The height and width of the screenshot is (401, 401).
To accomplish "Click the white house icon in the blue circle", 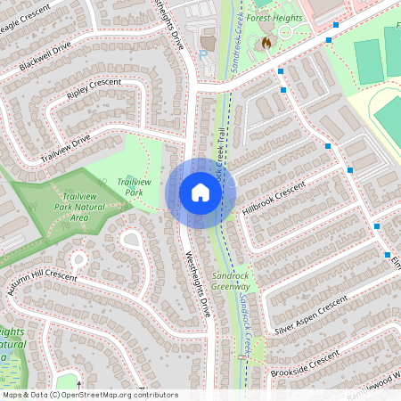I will (200, 192).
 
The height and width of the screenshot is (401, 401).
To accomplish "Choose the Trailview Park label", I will (134, 186).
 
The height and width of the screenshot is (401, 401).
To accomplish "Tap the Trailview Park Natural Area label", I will (80, 206).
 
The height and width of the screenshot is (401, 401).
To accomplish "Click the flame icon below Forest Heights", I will (265, 42).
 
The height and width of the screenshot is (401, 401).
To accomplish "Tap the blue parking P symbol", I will (202, 53).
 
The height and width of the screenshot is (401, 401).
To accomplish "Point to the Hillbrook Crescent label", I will (273, 200).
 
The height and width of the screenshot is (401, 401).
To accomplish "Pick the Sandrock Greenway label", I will (231, 282).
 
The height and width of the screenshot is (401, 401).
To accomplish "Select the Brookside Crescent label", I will (305, 363).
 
